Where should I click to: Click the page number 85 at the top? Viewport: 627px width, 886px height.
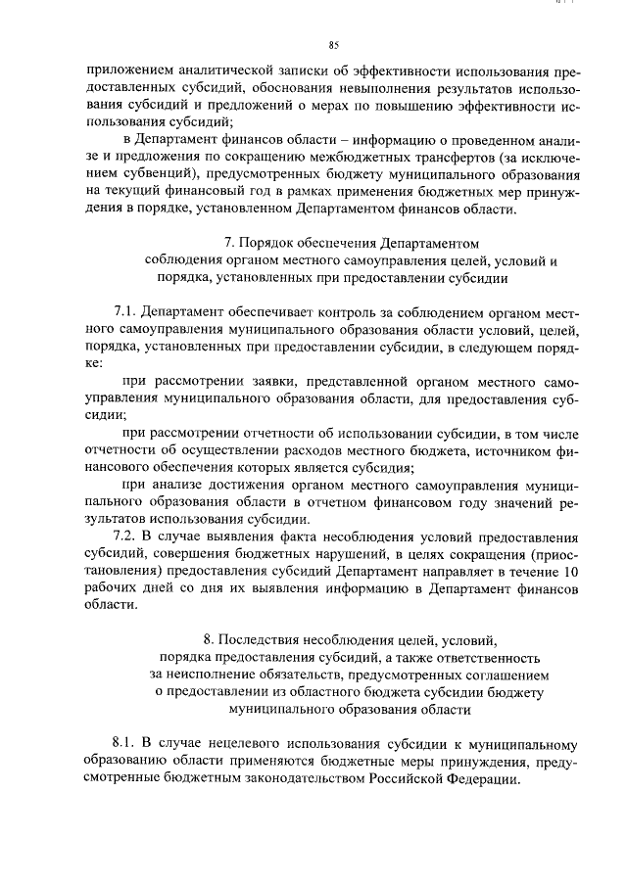click(x=334, y=45)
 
